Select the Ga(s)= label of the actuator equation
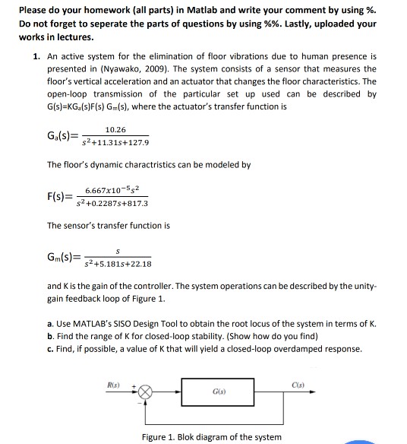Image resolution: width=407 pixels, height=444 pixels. [x=63, y=136]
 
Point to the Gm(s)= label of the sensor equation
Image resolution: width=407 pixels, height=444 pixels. [x=63, y=259]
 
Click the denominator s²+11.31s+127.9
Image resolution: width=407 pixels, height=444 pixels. [x=117, y=142]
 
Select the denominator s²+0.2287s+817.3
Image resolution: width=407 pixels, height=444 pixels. [x=117, y=204]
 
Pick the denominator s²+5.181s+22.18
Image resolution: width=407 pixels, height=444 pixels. [x=118, y=265]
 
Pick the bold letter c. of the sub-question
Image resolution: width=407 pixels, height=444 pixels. [x=50, y=349]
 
